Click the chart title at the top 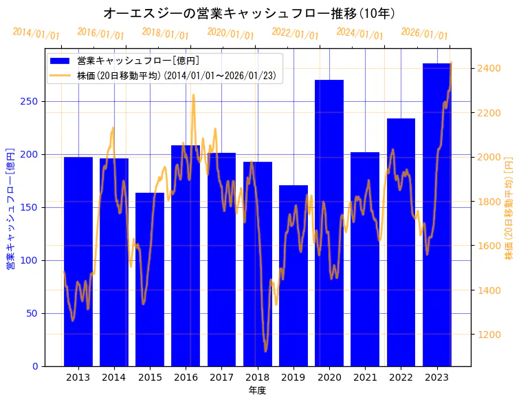tap(249, 13)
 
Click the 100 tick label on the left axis tap(32, 260)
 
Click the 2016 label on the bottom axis tap(186, 377)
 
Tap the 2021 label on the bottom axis tap(365, 377)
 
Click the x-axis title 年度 tap(257, 390)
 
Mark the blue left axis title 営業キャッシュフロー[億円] tap(11, 207)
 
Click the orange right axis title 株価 tap(509, 207)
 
